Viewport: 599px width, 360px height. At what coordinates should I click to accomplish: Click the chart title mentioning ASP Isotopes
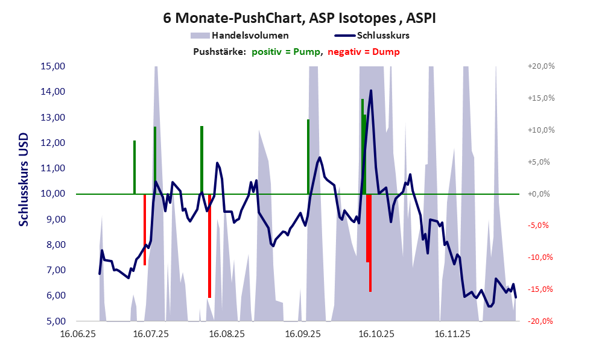click(x=299, y=18)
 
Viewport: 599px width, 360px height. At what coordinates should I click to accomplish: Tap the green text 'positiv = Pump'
click(x=286, y=52)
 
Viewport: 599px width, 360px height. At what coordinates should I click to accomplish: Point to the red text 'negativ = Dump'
click(x=364, y=52)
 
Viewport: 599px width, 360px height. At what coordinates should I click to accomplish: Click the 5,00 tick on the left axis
click(x=54, y=321)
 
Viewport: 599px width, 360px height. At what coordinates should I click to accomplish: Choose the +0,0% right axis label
click(x=541, y=194)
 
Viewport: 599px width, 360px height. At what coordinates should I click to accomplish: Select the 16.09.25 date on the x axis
click(x=303, y=333)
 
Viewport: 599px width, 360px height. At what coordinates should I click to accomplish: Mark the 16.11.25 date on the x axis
click(x=452, y=333)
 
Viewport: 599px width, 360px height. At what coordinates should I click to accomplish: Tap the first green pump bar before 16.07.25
click(x=135, y=167)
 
